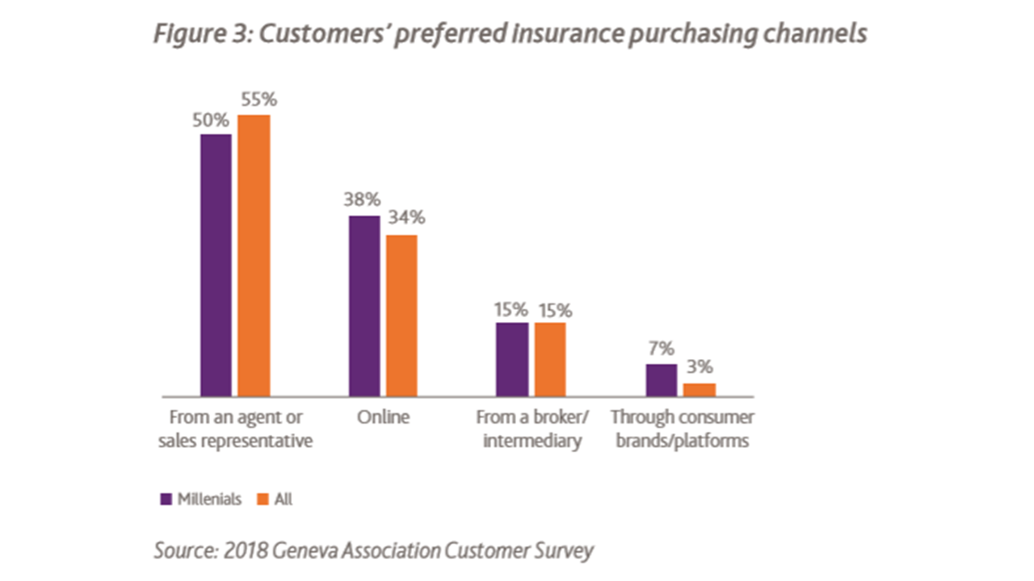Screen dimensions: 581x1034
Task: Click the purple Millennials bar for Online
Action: pos(364,306)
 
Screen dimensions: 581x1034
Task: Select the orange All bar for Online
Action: pos(401,316)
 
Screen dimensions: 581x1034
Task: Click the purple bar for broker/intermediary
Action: pos(512,359)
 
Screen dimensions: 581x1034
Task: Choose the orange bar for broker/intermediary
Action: pos(549,359)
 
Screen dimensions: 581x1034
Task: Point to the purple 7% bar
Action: pos(661,380)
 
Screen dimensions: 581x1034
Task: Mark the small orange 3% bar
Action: pos(700,390)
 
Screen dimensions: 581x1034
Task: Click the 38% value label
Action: pos(364,200)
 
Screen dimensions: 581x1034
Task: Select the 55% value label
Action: pos(258,99)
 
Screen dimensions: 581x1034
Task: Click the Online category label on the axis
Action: pos(383,417)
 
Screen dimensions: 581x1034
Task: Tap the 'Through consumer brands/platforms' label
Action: pos(682,429)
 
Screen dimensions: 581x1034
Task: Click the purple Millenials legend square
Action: pos(166,499)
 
